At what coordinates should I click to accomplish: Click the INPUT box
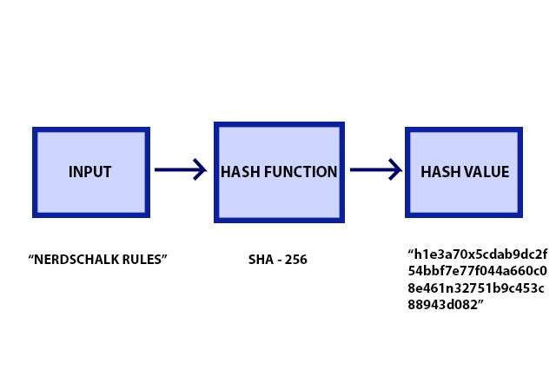click(x=90, y=172)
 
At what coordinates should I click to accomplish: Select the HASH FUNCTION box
click(x=279, y=172)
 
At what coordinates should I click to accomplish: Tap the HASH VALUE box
click(x=464, y=172)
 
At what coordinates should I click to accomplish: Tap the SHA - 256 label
click(x=278, y=260)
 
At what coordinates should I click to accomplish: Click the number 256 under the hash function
click(x=295, y=260)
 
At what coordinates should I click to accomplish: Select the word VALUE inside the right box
click(x=485, y=172)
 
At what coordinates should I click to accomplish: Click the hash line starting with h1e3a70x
click(x=478, y=254)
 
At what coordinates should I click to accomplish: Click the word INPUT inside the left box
click(x=90, y=172)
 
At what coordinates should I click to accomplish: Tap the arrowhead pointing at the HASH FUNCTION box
click(x=199, y=169)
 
